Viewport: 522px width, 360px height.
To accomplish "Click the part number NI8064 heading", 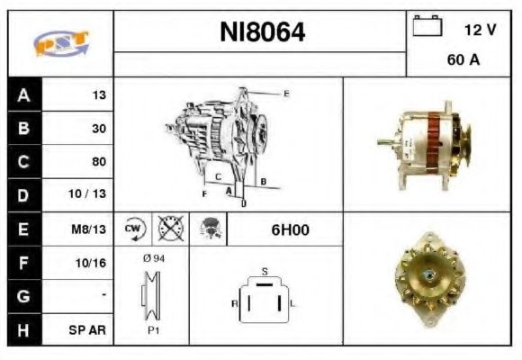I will [262, 33].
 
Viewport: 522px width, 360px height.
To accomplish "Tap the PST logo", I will [60, 43].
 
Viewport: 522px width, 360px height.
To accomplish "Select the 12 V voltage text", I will [480, 30].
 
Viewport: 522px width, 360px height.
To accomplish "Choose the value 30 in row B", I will [98, 129].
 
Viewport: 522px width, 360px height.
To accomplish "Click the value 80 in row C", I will [98, 162].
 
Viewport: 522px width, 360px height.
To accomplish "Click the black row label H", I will [23, 330].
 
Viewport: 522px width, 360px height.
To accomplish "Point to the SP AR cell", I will [88, 330].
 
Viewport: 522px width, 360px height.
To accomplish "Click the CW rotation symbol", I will [134, 229].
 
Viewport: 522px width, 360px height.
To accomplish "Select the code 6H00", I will [290, 229].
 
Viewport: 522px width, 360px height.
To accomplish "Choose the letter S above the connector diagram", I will [264, 270].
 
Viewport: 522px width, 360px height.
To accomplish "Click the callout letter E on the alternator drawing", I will [286, 93].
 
